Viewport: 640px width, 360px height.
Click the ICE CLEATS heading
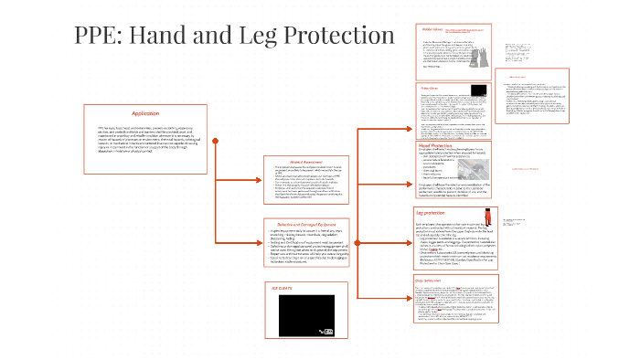(x=274, y=286)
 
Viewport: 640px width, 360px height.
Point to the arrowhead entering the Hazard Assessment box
(x=260, y=184)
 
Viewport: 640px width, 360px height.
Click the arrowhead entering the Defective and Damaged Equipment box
(x=260, y=246)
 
